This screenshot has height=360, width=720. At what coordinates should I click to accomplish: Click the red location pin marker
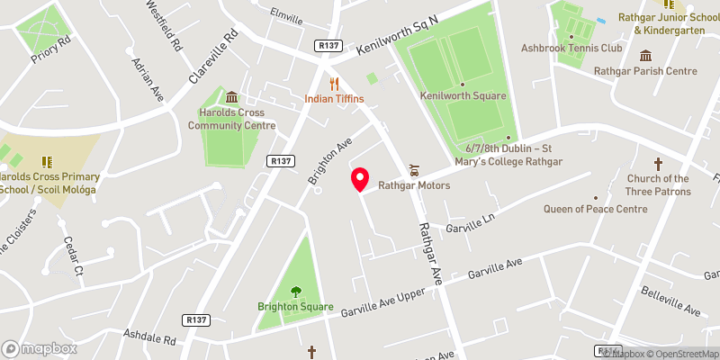(x=360, y=179)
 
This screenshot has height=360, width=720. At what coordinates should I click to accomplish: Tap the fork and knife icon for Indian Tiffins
(x=334, y=83)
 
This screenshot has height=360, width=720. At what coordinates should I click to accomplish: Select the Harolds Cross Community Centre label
(x=232, y=120)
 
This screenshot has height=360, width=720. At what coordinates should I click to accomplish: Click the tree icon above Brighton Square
(x=296, y=291)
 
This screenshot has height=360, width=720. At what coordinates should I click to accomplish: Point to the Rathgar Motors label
(x=414, y=186)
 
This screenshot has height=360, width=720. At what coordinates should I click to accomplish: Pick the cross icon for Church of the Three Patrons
(x=658, y=164)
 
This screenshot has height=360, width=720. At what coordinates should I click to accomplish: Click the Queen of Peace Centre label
(x=595, y=209)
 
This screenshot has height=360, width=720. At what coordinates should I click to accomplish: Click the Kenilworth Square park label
(x=463, y=95)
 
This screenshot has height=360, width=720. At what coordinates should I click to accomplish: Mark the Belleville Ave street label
(x=670, y=301)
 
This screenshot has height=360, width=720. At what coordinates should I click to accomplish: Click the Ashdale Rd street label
(x=149, y=338)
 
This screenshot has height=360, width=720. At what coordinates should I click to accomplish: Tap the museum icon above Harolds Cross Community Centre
(x=232, y=97)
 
